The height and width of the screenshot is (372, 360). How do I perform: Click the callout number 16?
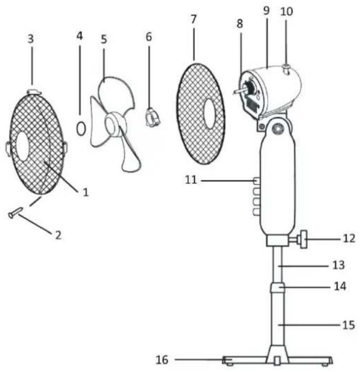click(162, 359)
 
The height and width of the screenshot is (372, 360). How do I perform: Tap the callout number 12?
click(349, 238)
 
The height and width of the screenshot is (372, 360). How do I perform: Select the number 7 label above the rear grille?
click(194, 19)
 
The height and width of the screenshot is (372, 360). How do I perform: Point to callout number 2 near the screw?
click(58, 235)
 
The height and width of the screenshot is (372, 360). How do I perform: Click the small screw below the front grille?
click(15, 212)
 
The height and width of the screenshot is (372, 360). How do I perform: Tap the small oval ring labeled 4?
click(81, 128)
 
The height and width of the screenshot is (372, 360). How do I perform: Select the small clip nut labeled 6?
click(152, 117)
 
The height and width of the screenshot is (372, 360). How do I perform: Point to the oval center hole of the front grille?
click(23, 145)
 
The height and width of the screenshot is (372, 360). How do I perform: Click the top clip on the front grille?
click(35, 92)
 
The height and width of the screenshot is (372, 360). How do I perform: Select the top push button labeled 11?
click(256, 181)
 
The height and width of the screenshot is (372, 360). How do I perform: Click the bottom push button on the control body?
click(256, 211)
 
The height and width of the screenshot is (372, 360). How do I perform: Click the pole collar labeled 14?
click(277, 287)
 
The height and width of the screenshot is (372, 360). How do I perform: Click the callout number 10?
click(287, 12)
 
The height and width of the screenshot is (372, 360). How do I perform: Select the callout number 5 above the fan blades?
click(104, 39)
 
